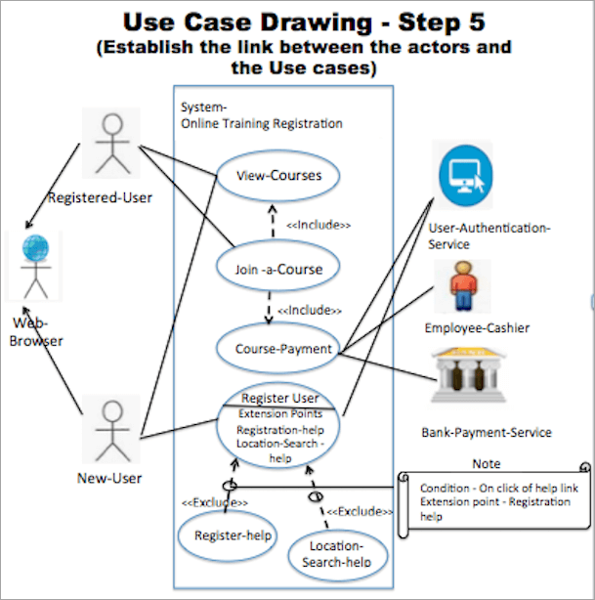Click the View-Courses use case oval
point(278,177)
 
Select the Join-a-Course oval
point(278,268)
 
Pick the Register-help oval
point(226,535)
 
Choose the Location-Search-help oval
point(337,553)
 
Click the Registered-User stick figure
point(113,145)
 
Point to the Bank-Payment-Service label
point(486,432)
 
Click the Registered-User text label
point(113,197)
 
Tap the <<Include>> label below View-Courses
point(319,225)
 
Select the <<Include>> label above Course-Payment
point(310,310)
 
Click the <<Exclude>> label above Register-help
point(214,502)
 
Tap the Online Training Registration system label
point(261,124)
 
